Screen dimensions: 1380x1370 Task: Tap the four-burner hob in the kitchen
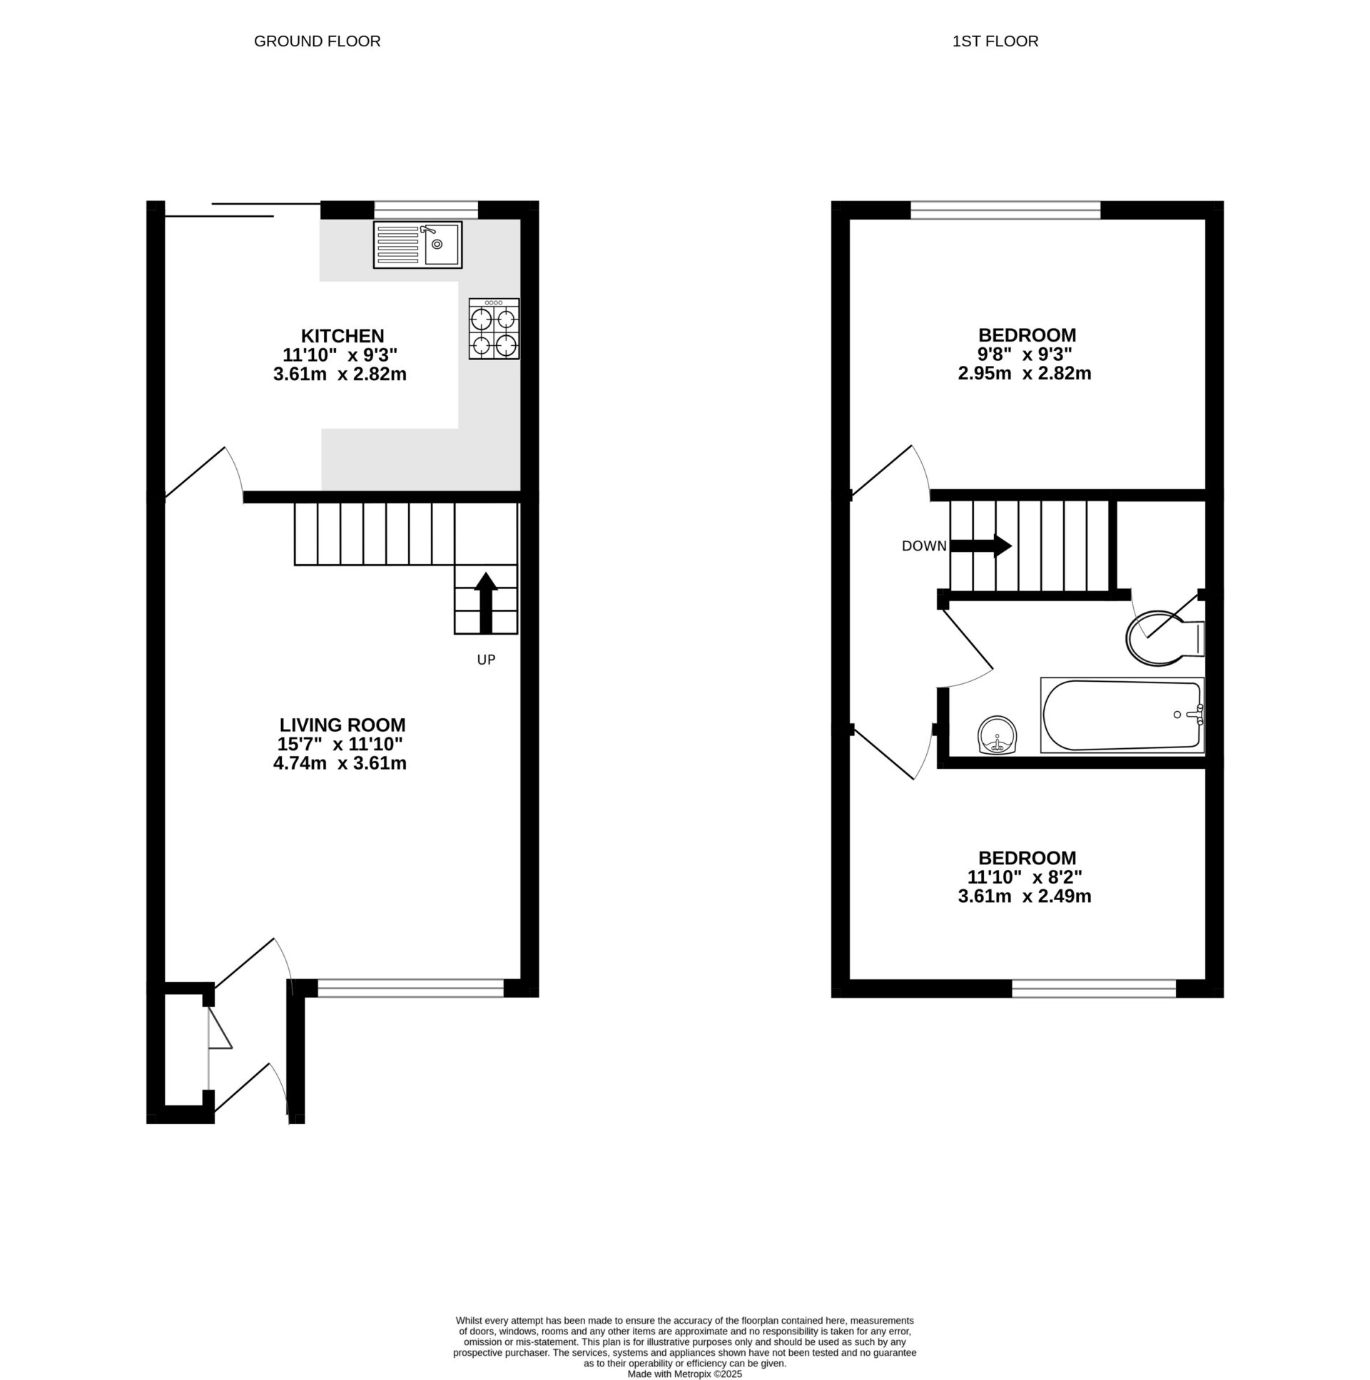[494, 329]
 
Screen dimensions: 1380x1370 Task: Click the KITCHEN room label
[342, 336]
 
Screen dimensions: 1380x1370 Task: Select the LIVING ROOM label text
[342, 725]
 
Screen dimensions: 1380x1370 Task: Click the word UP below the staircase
[486, 660]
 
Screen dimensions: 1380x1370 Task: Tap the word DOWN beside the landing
[924, 546]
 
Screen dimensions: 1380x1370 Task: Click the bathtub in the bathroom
[1122, 715]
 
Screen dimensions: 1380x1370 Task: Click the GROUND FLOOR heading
[318, 41]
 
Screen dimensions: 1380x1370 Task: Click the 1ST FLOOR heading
[995, 41]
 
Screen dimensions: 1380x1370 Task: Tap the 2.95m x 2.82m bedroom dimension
[1024, 374]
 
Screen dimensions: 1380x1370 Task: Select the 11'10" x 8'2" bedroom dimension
[1024, 877]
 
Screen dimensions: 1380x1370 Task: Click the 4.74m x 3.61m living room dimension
[340, 764]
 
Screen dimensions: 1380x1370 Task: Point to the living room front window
[410, 988]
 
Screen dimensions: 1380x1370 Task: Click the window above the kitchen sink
[426, 210]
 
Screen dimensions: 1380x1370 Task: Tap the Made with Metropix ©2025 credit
[684, 1374]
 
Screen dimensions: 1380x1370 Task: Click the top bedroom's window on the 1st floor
[1005, 210]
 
